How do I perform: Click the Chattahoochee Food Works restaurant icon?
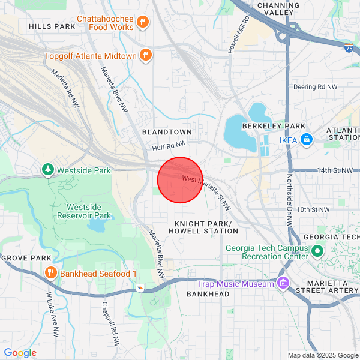142,23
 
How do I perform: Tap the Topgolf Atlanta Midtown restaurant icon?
145,56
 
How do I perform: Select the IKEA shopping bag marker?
307,140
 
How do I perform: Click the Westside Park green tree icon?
48,170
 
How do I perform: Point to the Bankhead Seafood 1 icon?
50,273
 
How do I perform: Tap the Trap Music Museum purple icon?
282,283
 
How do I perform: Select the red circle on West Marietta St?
180,180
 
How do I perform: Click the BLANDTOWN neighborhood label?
167,131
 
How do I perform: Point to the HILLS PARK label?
52,26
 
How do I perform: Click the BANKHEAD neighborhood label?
208,294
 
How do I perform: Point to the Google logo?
20,353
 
